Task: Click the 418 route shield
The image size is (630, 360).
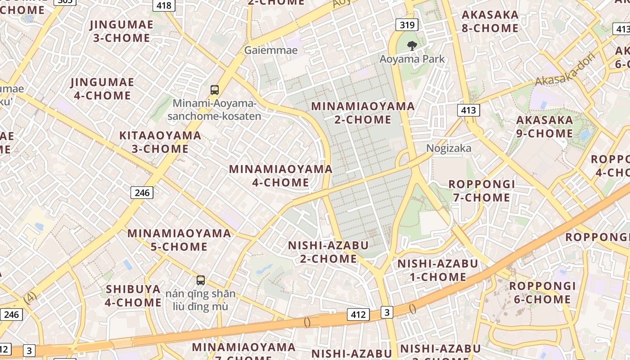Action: tap(164, 5)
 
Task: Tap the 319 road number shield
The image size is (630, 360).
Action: tap(407, 24)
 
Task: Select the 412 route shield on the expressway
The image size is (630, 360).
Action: tap(358, 315)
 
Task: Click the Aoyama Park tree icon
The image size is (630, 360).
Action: tap(411, 45)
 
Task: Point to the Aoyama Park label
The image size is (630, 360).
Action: tap(412, 59)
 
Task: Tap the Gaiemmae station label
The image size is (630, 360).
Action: tap(271, 50)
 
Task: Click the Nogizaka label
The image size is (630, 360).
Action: tap(449, 148)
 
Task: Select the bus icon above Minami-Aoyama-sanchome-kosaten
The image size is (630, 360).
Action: tap(215, 90)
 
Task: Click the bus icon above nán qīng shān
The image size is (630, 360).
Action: tap(201, 280)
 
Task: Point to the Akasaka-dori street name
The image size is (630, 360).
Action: tap(566, 70)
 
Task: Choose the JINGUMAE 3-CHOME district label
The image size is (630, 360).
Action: tap(121, 31)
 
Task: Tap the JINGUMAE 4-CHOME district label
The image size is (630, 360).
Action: tap(102, 89)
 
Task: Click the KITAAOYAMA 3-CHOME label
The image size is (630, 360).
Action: tap(160, 142)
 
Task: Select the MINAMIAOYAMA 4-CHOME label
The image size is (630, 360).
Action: tap(281, 175)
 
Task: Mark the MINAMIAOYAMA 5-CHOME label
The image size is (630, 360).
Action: tap(179, 240)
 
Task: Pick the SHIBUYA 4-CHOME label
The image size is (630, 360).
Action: tap(133, 296)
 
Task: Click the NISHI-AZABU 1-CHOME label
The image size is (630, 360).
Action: tap(437, 270)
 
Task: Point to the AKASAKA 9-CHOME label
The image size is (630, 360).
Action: tap(544, 127)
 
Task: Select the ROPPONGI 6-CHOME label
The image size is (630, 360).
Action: tap(542, 292)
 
